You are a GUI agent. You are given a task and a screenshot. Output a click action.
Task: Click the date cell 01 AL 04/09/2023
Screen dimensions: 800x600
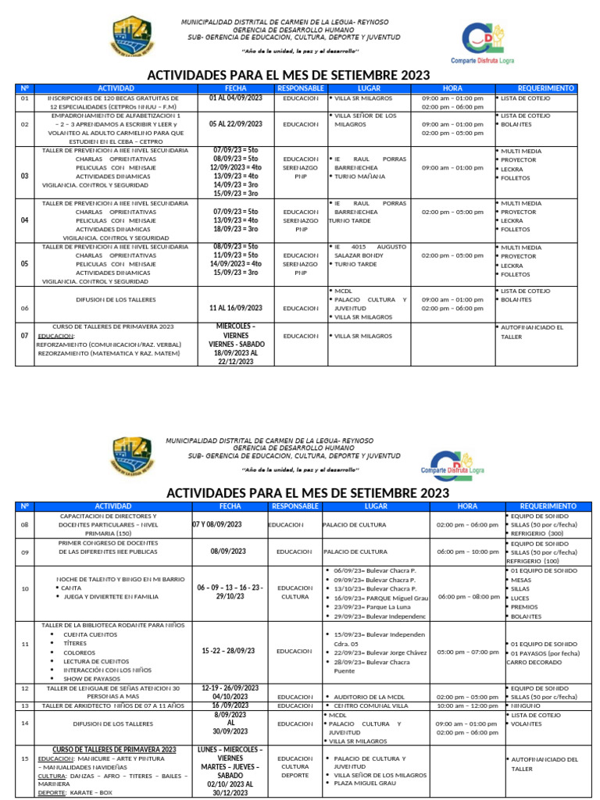coord(236,99)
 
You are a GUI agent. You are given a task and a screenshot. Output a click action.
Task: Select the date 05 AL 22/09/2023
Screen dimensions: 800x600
coord(236,124)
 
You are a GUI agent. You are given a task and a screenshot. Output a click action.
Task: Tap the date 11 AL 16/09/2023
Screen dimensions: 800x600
coord(236,308)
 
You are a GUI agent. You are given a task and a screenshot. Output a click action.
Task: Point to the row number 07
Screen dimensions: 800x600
coord(24,335)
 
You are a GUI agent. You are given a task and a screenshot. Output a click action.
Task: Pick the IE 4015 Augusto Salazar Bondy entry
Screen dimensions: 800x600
coord(366,251)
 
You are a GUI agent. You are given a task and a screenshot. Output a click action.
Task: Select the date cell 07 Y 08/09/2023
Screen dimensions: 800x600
coord(228,524)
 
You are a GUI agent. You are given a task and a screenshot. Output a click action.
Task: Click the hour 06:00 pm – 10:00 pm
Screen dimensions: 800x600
coord(467,552)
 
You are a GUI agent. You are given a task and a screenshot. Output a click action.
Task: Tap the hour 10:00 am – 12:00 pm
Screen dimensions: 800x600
coord(467,705)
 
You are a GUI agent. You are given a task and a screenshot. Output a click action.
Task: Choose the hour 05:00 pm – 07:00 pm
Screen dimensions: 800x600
coord(467,651)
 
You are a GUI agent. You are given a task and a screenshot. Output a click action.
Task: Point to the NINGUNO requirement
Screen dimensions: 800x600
coord(532,705)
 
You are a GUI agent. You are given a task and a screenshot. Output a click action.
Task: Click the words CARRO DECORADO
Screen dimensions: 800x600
coord(534,662)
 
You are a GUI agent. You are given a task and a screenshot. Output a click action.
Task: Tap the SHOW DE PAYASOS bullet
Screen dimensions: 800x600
coord(88,678)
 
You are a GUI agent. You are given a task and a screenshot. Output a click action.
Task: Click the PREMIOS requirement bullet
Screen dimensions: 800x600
coord(523,605)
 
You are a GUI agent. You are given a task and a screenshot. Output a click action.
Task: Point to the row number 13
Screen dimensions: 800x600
coord(24,705)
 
